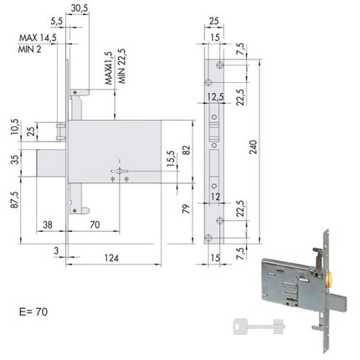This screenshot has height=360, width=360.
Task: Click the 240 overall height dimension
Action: click(254, 147)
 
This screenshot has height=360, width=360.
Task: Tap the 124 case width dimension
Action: click(111, 258)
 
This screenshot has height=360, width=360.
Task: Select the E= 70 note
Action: click(33, 311)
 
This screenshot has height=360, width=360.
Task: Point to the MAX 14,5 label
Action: click(38, 38)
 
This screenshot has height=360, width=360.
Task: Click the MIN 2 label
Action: click(29, 49)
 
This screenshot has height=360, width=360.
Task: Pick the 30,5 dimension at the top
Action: click(80, 8)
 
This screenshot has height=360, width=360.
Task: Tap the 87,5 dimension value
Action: click(15, 200)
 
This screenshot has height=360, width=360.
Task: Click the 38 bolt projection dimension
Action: click(48, 224)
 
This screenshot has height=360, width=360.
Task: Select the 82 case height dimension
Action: click(188, 150)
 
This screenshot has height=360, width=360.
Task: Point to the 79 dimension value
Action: click(186, 209)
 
